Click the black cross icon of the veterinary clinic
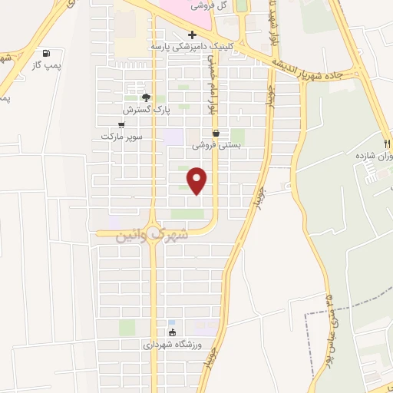click(192, 35)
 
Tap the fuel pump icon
click(48, 54)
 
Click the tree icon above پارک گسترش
click(146, 97)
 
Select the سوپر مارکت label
click(121, 137)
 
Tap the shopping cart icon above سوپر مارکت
click(121, 124)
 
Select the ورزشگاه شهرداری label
click(172, 345)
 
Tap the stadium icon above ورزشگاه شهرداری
click(172, 333)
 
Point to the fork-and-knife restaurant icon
click(388, 144)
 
